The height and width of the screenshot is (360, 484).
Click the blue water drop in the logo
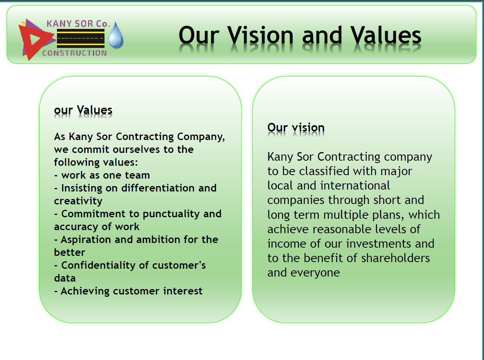coord(116,35)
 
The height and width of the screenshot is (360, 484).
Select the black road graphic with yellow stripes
coord(81,39)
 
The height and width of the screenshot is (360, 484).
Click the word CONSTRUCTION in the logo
coord(74,53)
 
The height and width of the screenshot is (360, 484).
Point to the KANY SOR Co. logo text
coord(78,24)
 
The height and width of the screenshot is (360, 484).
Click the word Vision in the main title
coord(261,35)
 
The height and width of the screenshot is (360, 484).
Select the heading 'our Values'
coord(83,110)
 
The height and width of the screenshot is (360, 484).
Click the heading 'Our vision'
coord(296,127)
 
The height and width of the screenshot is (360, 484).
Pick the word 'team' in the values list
coord(137,175)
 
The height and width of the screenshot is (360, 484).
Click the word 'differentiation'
coord(158,188)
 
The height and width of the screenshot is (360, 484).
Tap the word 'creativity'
coord(78,201)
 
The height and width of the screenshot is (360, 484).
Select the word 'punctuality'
coord(171,214)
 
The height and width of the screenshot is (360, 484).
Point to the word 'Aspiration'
coord(86,240)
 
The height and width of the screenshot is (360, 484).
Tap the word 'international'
coord(355,186)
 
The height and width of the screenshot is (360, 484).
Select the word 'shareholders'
coord(395,258)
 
